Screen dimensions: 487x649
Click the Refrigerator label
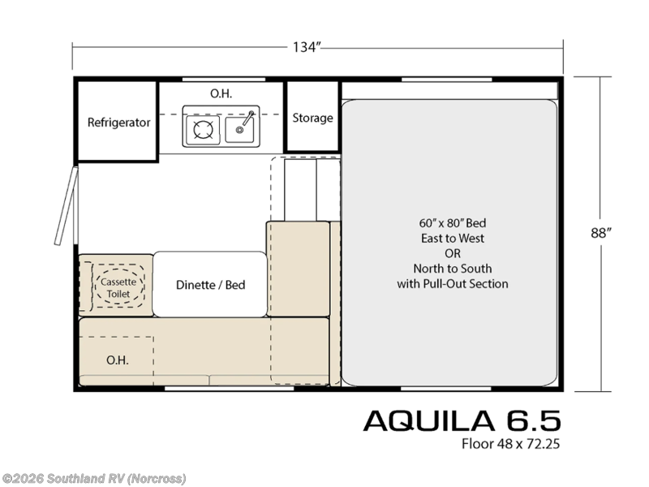[118, 123]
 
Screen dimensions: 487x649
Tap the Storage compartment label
[312, 118]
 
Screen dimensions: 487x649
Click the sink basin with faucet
[241, 127]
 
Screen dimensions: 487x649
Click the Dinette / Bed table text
[210, 285]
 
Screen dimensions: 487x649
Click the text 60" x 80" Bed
[453, 222]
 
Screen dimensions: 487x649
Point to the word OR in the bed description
[453, 253]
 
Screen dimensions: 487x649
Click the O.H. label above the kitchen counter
[221, 93]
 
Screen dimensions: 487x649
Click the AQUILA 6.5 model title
[461, 420]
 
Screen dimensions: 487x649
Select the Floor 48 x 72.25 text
[511, 444]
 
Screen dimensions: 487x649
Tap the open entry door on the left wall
[65, 206]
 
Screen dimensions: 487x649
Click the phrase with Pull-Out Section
[453, 283]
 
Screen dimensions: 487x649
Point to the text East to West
[453, 238]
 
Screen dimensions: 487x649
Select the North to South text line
[453, 268]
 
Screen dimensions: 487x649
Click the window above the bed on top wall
[450, 80]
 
